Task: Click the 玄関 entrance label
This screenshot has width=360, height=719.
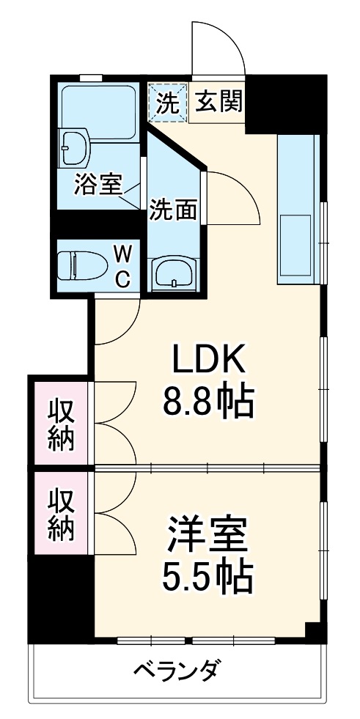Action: [218, 103]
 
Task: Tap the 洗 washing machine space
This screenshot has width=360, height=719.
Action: [168, 103]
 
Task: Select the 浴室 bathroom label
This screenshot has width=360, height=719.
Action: [97, 184]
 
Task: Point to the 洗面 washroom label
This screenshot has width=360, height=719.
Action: [173, 210]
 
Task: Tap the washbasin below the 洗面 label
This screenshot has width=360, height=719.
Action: [174, 273]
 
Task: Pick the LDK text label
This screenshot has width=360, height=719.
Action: [212, 360]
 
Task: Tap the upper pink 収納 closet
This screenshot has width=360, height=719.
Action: [62, 424]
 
